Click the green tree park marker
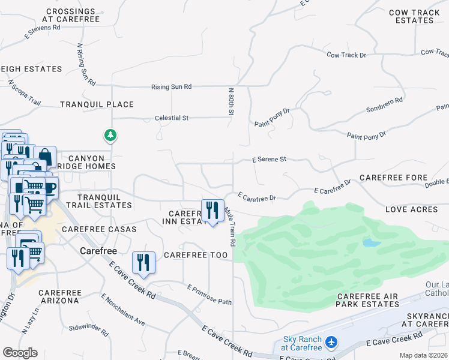tap(110, 136)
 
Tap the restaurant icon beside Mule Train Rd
tap(212, 211)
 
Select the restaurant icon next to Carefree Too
tap(143, 263)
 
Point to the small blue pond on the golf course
tap(372, 243)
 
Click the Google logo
tap(20, 353)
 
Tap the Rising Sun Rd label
tap(171, 87)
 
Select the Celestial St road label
tap(171, 118)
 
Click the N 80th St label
tap(231, 101)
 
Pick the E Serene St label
tap(270, 160)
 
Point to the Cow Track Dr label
tap(346, 55)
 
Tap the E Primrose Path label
tap(209, 295)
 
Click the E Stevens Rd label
tap(42, 28)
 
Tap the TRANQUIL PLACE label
tap(97, 104)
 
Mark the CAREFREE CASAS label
tap(99, 229)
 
